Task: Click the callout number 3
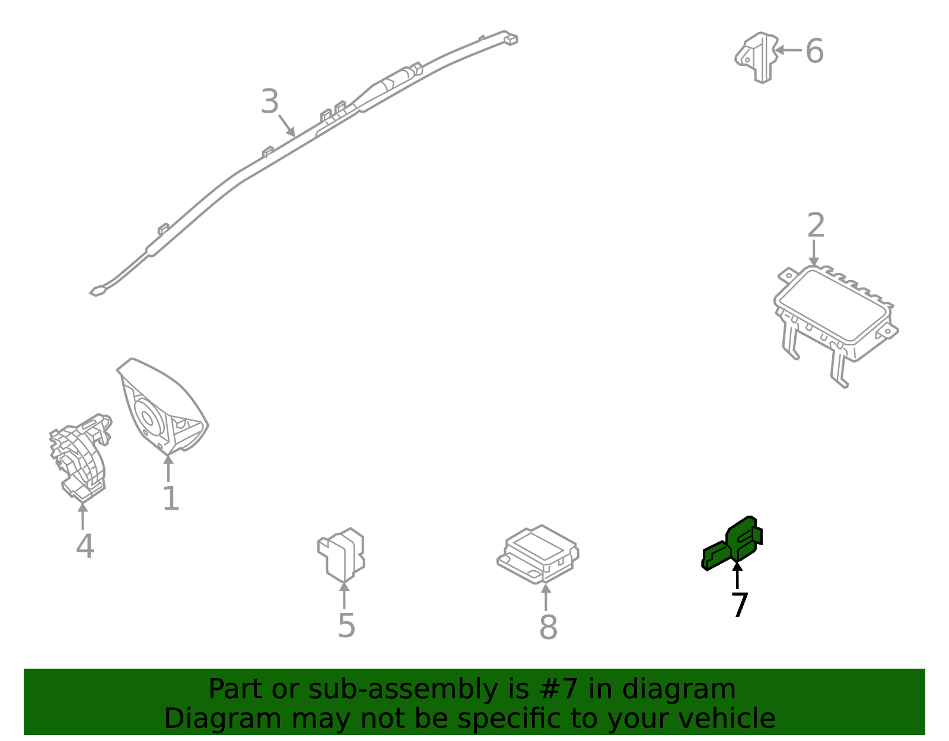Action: coord(269,101)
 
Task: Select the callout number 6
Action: coord(814,51)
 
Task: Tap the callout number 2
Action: coord(816,225)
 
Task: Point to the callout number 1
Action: coord(171,499)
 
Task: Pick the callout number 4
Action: coord(85,546)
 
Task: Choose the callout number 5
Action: coord(346,626)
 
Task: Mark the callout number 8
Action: coord(549,628)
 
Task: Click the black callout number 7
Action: coord(740,605)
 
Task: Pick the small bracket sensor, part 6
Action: coord(757,57)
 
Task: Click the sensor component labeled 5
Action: coord(341,555)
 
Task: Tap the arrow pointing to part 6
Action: coord(788,50)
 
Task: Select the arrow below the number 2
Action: coord(814,252)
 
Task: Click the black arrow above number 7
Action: coord(737,575)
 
